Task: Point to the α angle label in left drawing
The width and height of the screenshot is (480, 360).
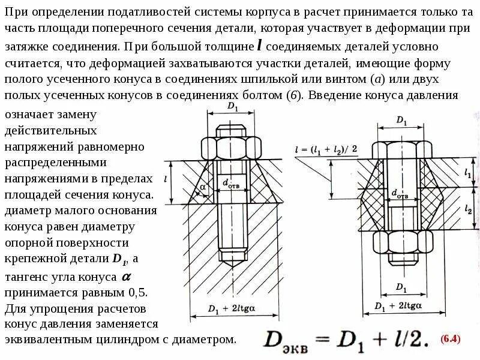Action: [203, 187]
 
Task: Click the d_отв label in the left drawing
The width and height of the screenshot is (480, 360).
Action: [230, 184]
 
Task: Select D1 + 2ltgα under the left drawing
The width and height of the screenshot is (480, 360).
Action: [230, 308]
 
